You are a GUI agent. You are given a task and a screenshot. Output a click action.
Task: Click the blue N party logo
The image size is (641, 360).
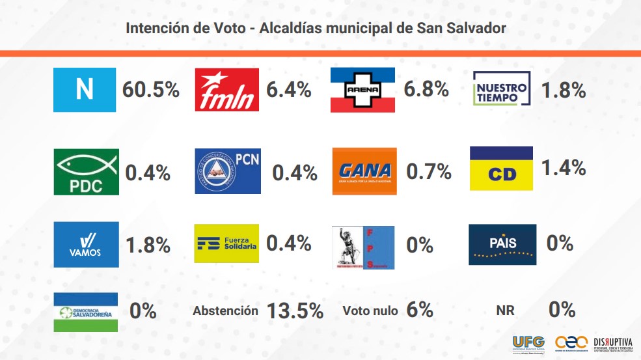pyautogui.click(x=85, y=90)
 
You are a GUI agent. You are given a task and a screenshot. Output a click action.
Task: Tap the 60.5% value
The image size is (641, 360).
pyautogui.click(x=151, y=90)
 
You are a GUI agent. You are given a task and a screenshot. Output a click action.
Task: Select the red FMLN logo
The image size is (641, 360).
pyautogui.click(x=227, y=90)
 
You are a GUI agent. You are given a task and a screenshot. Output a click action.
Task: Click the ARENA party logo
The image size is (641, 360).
pyautogui.click(x=364, y=90)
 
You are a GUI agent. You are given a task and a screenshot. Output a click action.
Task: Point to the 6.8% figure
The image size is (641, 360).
pyautogui.click(x=426, y=90)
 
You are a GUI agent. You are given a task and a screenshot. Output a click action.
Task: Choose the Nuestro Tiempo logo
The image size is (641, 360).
pyautogui.click(x=500, y=89)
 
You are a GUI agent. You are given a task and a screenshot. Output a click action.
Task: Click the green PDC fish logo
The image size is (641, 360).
pyautogui.click(x=87, y=172)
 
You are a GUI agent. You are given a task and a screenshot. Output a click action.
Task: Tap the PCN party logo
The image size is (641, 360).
pyautogui.click(x=227, y=171)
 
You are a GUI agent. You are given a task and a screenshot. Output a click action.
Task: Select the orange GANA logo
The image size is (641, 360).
pyautogui.click(x=364, y=171)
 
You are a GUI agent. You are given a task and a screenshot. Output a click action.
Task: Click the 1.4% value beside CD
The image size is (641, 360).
pyautogui.click(x=564, y=168)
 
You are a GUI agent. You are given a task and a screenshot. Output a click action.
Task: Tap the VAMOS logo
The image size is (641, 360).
pyautogui.click(x=87, y=244)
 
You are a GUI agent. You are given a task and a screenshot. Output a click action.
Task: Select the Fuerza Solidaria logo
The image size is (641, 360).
pyautogui.click(x=226, y=243)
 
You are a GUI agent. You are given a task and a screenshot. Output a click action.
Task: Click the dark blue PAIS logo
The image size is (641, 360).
pyautogui.click(x=502, y=244)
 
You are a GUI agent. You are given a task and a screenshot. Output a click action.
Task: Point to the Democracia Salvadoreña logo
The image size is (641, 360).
pyautogui.click(x=87, y=312)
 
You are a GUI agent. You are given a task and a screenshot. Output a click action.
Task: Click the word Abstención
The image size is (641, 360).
pyautogui.click(x=225, y=311)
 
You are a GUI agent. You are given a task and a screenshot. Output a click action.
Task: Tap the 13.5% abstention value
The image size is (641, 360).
pyautogui.click(x=295, y=311)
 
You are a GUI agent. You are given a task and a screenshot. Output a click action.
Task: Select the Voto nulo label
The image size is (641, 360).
pyautogui.click(x=370, y=311)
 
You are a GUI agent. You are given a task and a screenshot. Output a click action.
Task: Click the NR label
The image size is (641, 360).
pyautogui.click(x=505, y=311)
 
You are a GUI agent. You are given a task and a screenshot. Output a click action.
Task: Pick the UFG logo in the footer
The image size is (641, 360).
pyautogui.click(x=528, y=342)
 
